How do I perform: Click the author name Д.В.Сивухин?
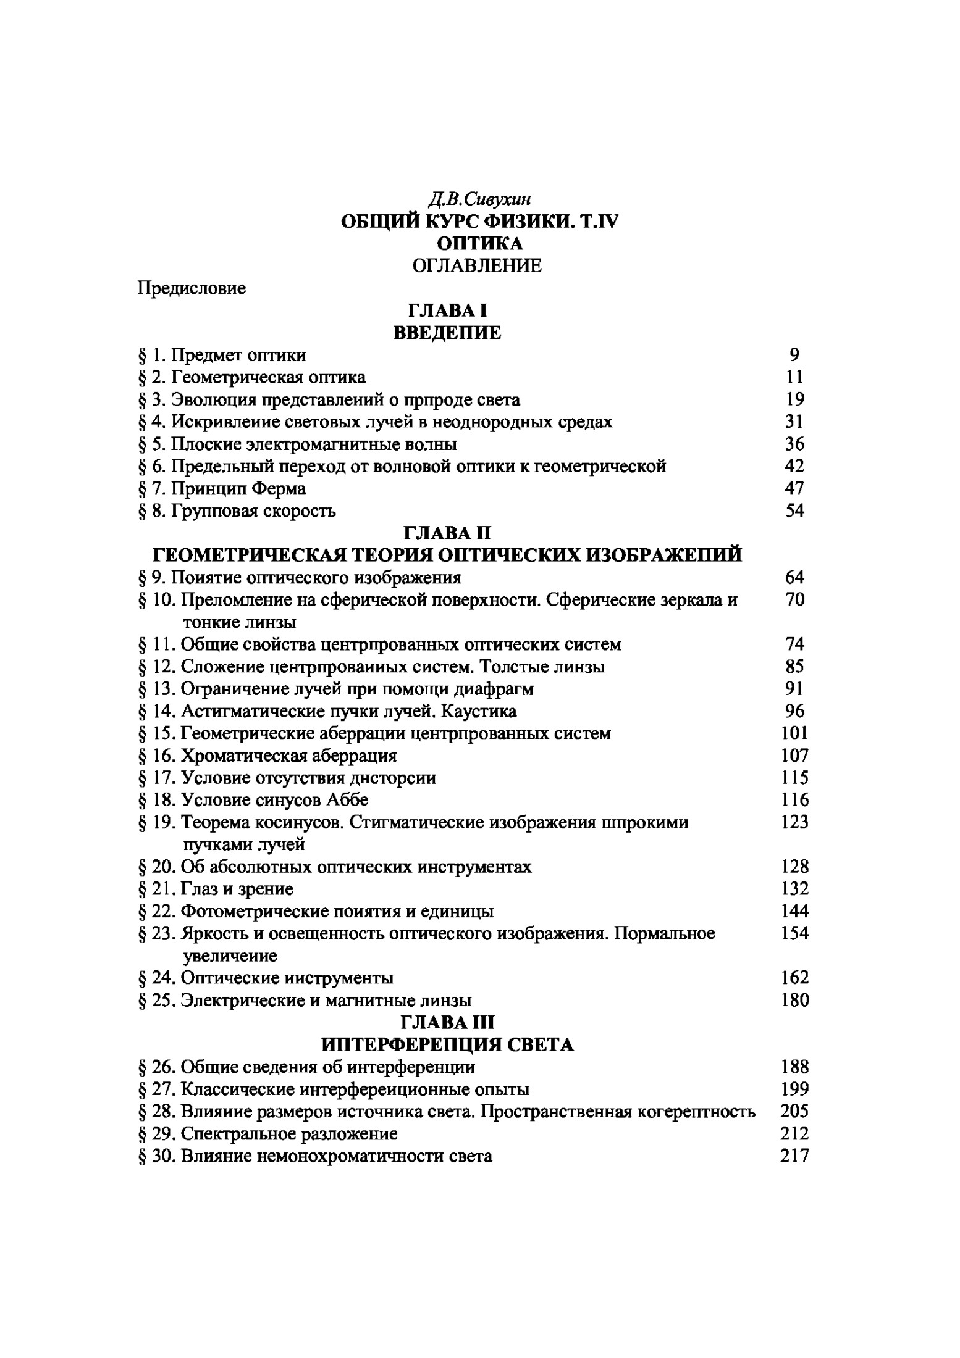click(479, 199)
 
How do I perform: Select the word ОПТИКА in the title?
click(479, 243)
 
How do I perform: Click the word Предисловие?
click(192, 288)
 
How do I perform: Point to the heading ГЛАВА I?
click(447, 310)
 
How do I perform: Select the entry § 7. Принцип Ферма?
click(222, 488)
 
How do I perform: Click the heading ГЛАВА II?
click(447, 532)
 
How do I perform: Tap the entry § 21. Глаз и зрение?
click(216, 889)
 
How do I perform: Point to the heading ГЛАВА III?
click(447, 1022)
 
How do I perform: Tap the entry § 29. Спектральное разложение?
click(268, 1134)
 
